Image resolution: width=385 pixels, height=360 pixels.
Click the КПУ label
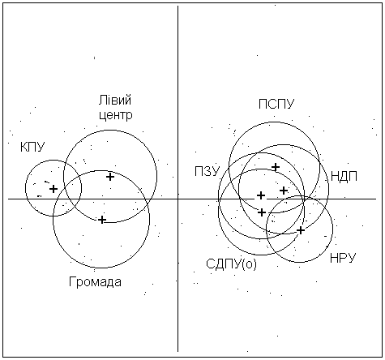click(32, 148)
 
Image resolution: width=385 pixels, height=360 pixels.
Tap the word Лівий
click(115, 101)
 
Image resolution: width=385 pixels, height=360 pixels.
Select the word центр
click(116, 116)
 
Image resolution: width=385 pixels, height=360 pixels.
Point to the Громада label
click(95, 282)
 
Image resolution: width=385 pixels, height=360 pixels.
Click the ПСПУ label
click(276, 104)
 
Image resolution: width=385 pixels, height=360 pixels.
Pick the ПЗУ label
click(207, 171)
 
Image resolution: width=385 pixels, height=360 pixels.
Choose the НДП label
click(344, 177)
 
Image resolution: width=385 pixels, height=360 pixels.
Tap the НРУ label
click(343, 258)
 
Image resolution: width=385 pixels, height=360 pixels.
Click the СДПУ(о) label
click(231, 264)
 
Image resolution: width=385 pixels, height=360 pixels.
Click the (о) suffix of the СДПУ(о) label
click(250, 264)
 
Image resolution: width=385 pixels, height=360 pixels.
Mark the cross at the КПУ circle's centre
click(53, 189)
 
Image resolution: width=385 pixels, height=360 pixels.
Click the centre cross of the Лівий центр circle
click(110, 177)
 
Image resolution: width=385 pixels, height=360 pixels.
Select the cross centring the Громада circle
click(102, 220)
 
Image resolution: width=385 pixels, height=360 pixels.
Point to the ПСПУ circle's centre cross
click(276, 167)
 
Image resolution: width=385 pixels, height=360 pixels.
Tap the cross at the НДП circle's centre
click(284, 191)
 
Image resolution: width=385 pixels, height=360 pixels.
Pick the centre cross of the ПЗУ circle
click(261, 195)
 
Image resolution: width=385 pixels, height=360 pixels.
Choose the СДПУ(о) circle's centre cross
click(261, 212)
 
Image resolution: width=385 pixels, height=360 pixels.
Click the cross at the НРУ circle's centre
click(301, 230)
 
